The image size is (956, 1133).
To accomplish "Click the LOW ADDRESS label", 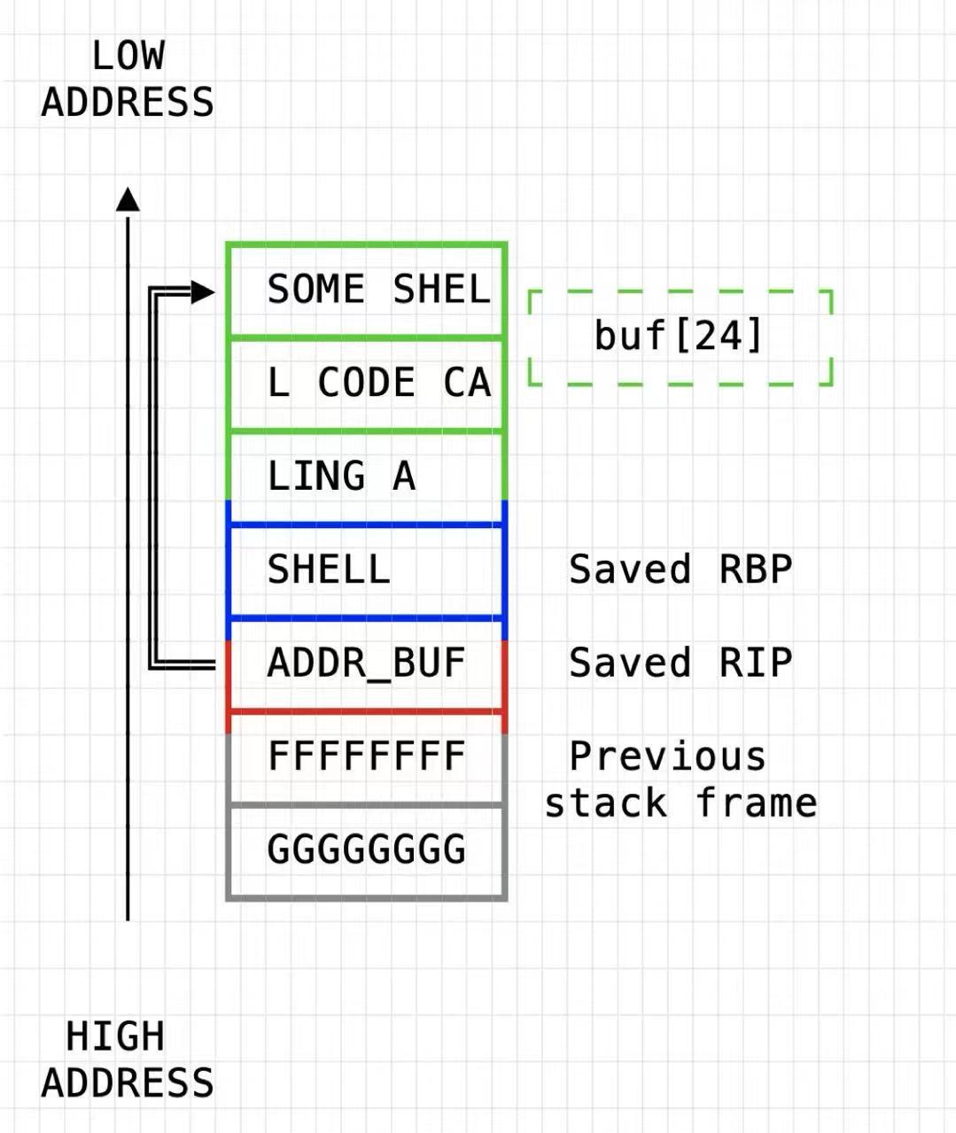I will coord(128,80).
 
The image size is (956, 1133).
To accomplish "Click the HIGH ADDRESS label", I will coord(128,1059).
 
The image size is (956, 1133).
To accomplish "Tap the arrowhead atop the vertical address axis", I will coord(128,200).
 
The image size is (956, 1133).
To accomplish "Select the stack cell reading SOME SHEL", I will coord(367,290).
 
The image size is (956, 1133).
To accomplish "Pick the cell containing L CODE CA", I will coord(367,383).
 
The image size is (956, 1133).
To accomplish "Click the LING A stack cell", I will coord(367,477).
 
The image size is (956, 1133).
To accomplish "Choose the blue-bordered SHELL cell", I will coord(367,570).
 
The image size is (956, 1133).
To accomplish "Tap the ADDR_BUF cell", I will coord(367,663).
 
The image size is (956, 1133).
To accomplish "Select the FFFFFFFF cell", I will coord(367,757).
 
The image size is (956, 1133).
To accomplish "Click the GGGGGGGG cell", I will coord(367,850).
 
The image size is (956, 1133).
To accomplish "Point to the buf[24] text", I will coord(679,336).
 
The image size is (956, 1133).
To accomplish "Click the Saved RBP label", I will coord(680,570).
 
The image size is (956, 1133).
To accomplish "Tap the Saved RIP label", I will coord(680,663).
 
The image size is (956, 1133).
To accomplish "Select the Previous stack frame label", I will coord(680,780).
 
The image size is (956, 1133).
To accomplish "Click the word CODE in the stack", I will coord(366,383).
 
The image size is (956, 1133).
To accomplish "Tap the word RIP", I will coord(756,663).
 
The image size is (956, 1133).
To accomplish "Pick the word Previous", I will coord(667,757).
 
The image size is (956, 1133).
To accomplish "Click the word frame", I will coord(756,803).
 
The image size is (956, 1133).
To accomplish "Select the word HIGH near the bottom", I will coord(115,1036).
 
